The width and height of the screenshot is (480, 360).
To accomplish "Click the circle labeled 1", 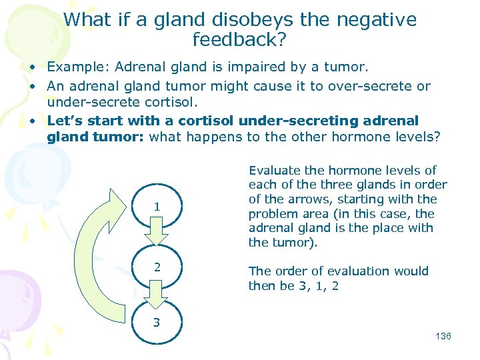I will [157, 207].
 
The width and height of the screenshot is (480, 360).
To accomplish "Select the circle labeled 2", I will [157, 267].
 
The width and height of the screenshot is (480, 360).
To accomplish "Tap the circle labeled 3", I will [157, 322].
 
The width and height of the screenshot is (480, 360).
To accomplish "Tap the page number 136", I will [443, 336].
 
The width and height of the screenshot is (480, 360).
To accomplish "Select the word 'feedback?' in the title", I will [239, 40].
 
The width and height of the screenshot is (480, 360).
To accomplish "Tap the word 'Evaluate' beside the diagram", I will [276, 170].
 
